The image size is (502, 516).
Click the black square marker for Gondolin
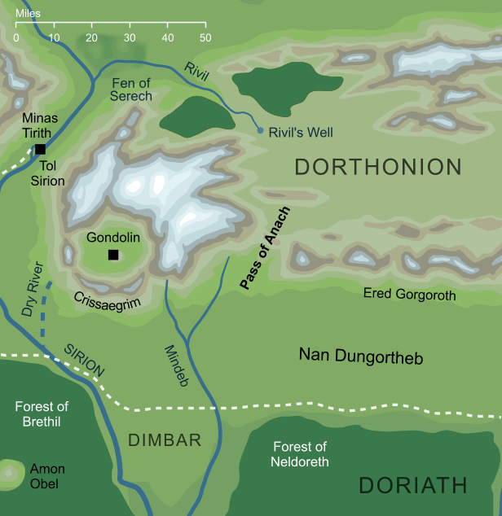point(113,256)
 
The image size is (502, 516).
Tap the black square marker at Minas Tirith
point(39,150)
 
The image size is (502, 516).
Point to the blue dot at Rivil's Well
point(260,130)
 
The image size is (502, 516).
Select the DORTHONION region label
point(378,168)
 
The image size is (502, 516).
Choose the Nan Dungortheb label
point(361,356)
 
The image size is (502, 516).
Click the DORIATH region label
point(413,486)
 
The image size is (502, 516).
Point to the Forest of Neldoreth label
point(299,454)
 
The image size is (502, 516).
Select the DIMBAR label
point(165,440)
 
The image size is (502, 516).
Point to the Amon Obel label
point(47,476)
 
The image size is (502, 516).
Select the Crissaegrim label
point(103,299)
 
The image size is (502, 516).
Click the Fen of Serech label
point(130,89)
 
